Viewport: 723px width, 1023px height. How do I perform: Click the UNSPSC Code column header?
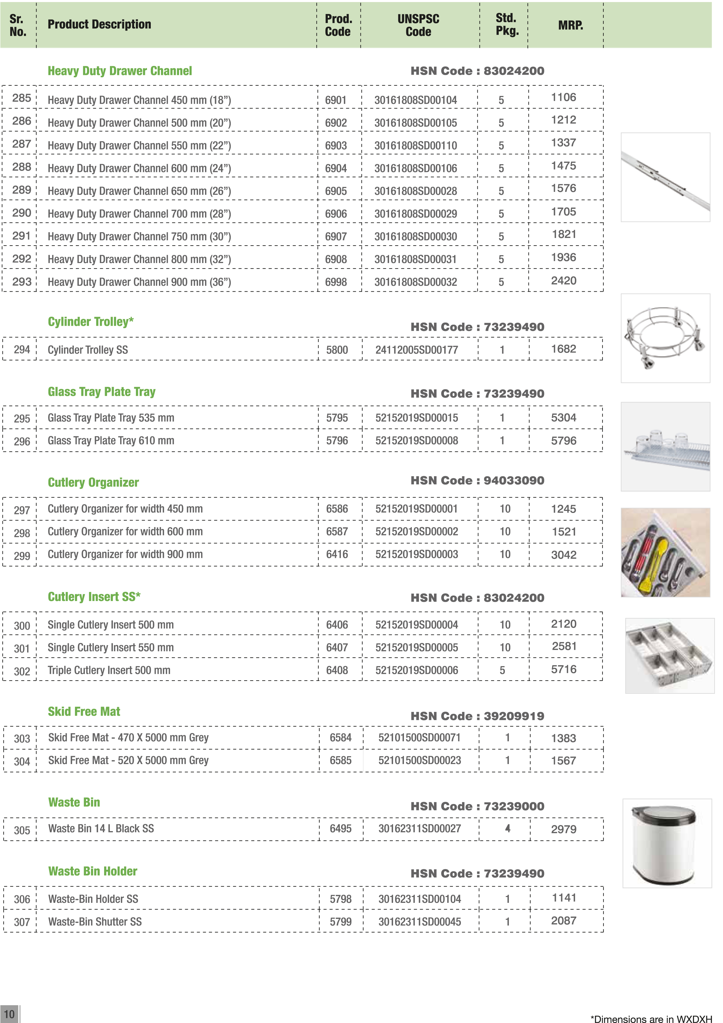(x=418, y=25)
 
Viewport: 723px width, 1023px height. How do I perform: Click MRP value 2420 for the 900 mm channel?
(x=563, y=281)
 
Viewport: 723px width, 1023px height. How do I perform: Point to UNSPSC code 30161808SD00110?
(x=415, y=146)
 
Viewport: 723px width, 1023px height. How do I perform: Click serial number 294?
(x=22, y=350)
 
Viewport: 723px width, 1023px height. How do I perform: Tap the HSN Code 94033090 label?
(x=477, y=480)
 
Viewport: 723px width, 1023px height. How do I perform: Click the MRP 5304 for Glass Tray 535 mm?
(x=563, y=418)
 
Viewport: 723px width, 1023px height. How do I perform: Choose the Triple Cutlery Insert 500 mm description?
(x=109, y=670)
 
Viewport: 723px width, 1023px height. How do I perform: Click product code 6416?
(x=337, y=554)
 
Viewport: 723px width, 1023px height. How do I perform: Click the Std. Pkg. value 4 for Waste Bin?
(x=507, y=829)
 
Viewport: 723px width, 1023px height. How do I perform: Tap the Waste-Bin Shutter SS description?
(x=95, y=922)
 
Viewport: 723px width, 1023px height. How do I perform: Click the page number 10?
(x=9, y=1014)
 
